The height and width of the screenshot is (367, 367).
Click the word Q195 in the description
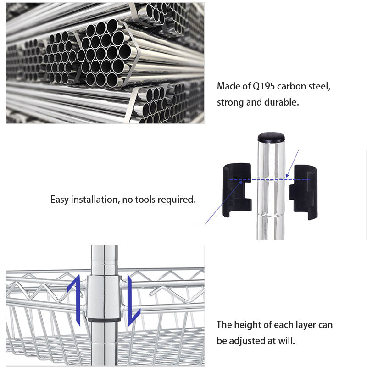pos(264,86)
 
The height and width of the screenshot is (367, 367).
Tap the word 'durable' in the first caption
pos(281,102)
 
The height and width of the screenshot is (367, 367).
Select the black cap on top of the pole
pos(271,137)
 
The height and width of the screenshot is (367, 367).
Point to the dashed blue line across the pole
pos(271,179)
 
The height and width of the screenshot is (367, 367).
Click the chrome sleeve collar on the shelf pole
pos(104,297)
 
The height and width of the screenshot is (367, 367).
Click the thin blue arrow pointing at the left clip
pos(217,209)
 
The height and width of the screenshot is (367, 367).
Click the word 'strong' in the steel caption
pos(230,102)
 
